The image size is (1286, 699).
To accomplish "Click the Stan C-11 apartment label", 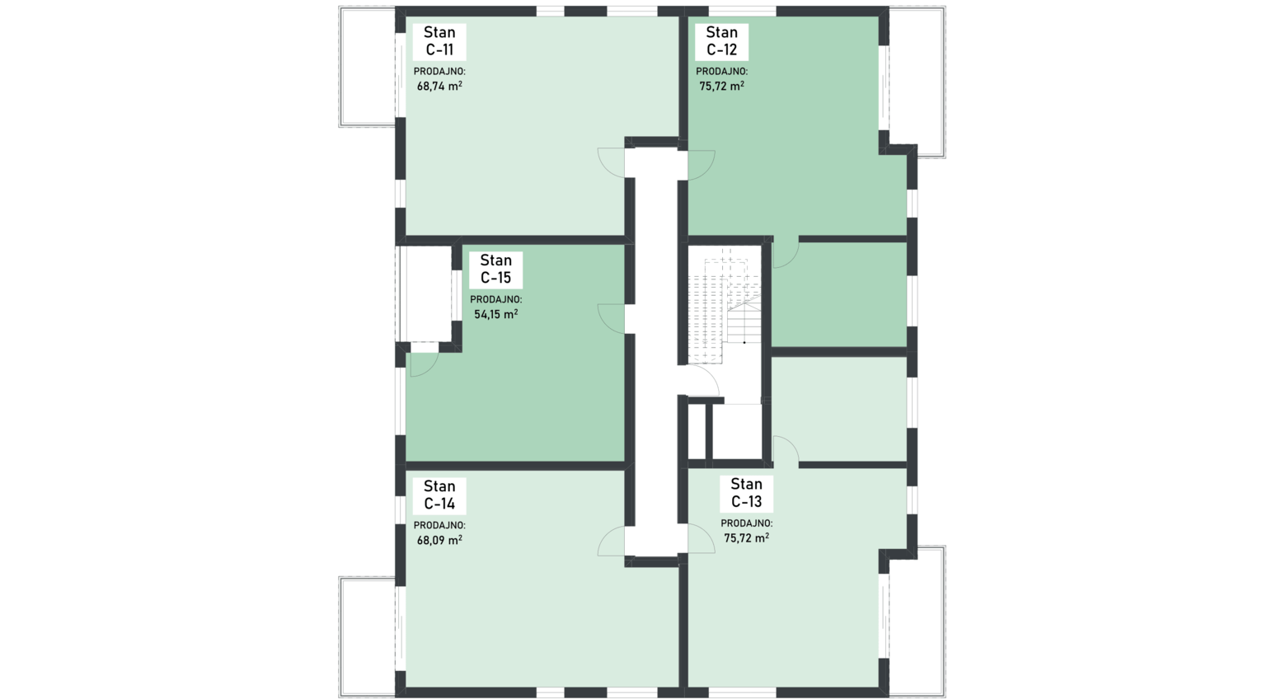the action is [x=439, y=41].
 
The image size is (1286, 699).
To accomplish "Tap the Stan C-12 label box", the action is [x=721, y=41].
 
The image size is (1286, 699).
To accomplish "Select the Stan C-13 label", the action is [x=746, y=493].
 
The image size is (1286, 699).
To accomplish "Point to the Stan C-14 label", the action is [x=439, y=495].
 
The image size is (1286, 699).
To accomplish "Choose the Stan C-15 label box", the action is [x=495, y=270].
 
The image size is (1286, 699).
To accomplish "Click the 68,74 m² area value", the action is [x=439, y=86].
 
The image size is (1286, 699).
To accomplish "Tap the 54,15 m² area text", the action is [x=496, y=314].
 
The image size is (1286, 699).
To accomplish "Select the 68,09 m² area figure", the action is [x=439, y=540].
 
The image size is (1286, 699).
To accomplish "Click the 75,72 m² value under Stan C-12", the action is [x=722, y=86].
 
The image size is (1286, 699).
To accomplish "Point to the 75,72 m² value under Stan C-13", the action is [x=747, y=537].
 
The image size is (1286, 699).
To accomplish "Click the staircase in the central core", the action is [x=725, y=304].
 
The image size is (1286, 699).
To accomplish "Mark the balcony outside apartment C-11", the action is [x=368, y=67].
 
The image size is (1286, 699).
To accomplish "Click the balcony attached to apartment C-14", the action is [x=368, y=637].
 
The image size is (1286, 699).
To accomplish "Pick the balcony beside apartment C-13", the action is [x=917, y=622].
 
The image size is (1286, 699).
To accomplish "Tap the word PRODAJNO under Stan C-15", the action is [x=496, y=299].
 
